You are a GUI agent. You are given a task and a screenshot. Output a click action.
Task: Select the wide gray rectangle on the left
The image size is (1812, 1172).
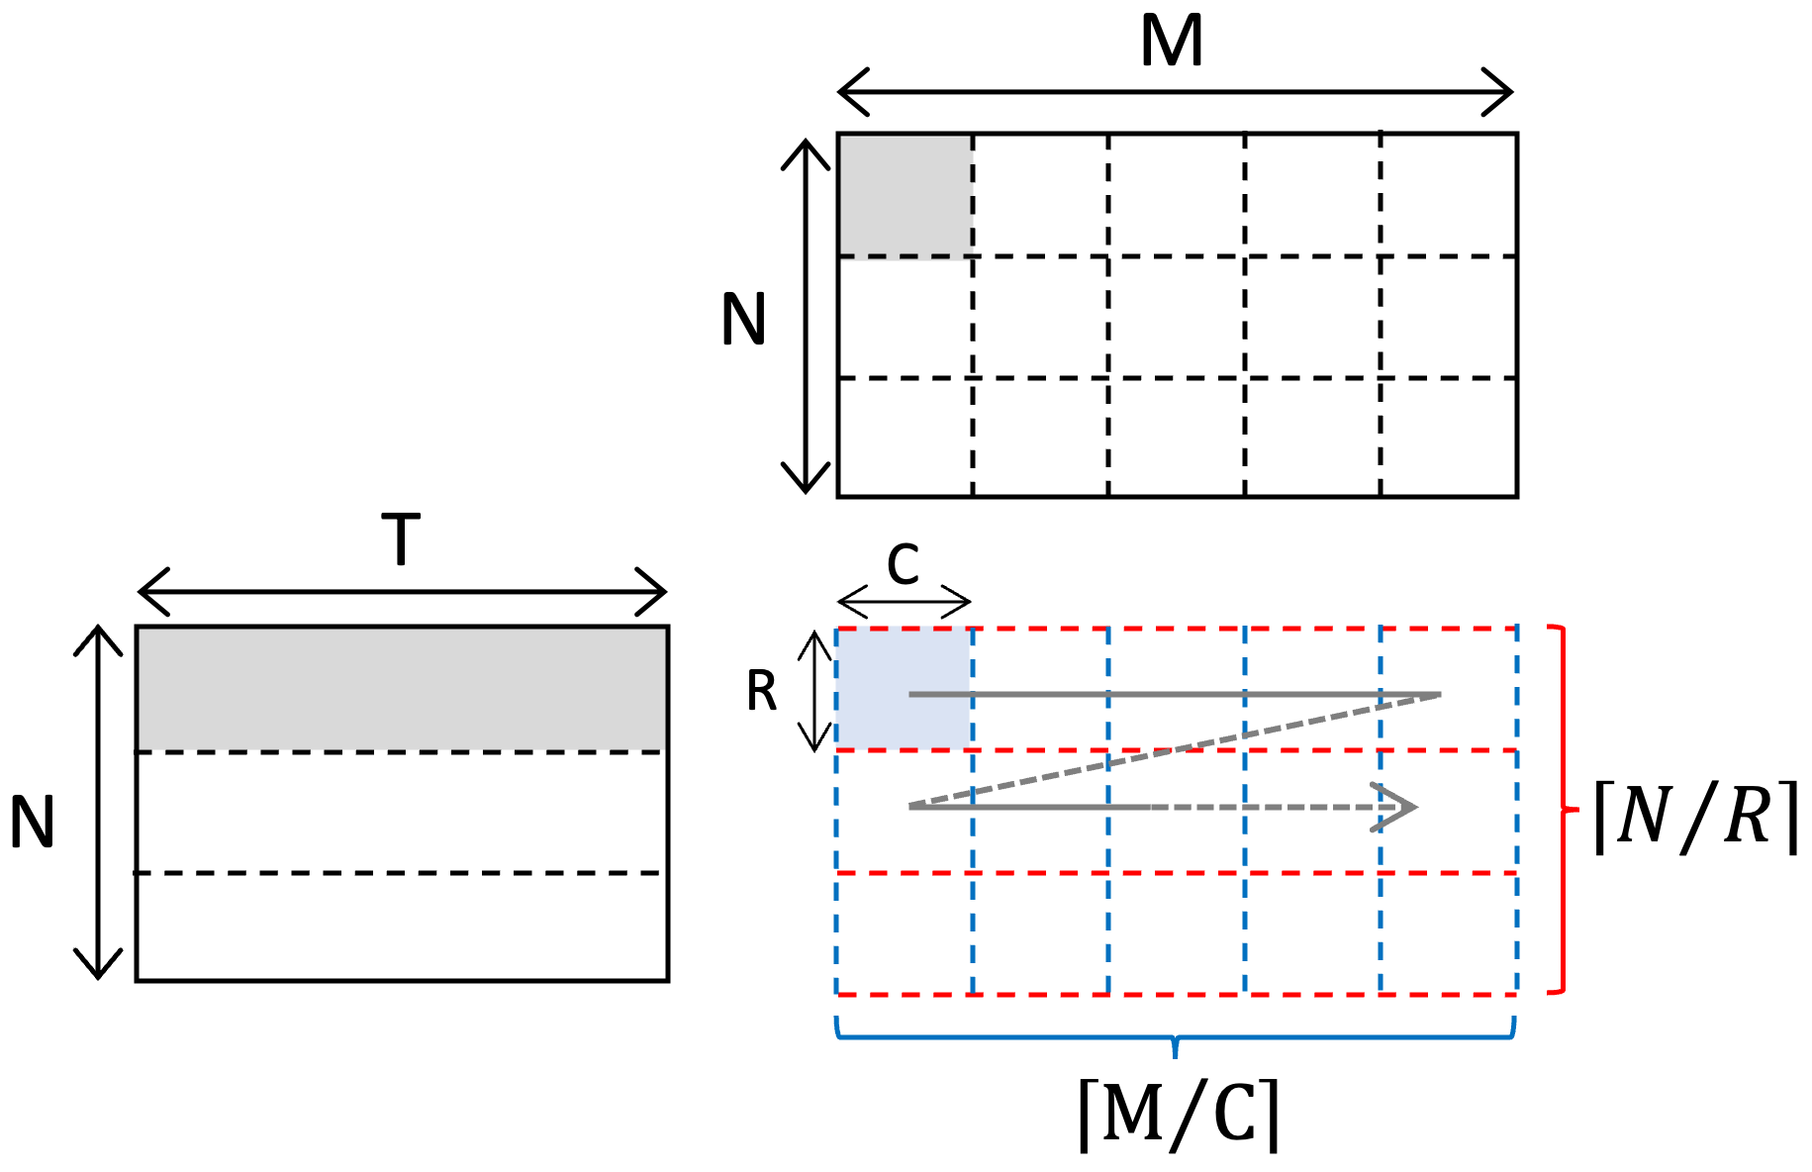pos(402,689)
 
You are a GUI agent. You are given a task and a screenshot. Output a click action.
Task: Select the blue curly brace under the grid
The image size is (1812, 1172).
pos(1176,1036)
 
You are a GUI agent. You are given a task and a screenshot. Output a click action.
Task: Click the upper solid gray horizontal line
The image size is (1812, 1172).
pos(1176,694)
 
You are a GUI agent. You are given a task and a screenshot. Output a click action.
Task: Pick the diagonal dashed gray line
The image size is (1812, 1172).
pos(1176,751)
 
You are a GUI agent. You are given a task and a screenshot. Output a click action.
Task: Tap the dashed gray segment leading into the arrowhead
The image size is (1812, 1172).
pos(1277,808)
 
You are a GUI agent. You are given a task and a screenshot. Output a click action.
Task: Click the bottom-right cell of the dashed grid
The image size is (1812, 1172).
pos(1449,933)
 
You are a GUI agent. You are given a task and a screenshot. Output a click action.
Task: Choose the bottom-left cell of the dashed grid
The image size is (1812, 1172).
pos(905,933)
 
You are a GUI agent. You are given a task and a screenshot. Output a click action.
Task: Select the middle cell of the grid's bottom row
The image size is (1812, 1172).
pos(1177,933)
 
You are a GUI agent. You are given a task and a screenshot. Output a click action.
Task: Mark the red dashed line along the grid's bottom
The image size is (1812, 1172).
pos(1177,994)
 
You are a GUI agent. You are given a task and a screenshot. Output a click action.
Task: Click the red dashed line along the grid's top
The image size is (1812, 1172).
pos(1177,628)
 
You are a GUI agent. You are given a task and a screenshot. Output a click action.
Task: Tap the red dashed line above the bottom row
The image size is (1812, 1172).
pos(1177,873)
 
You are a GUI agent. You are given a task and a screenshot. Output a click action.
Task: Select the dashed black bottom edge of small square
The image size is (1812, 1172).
pos(906,256)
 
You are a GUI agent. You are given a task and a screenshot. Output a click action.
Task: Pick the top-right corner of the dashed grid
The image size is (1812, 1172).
pos(1516,628)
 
